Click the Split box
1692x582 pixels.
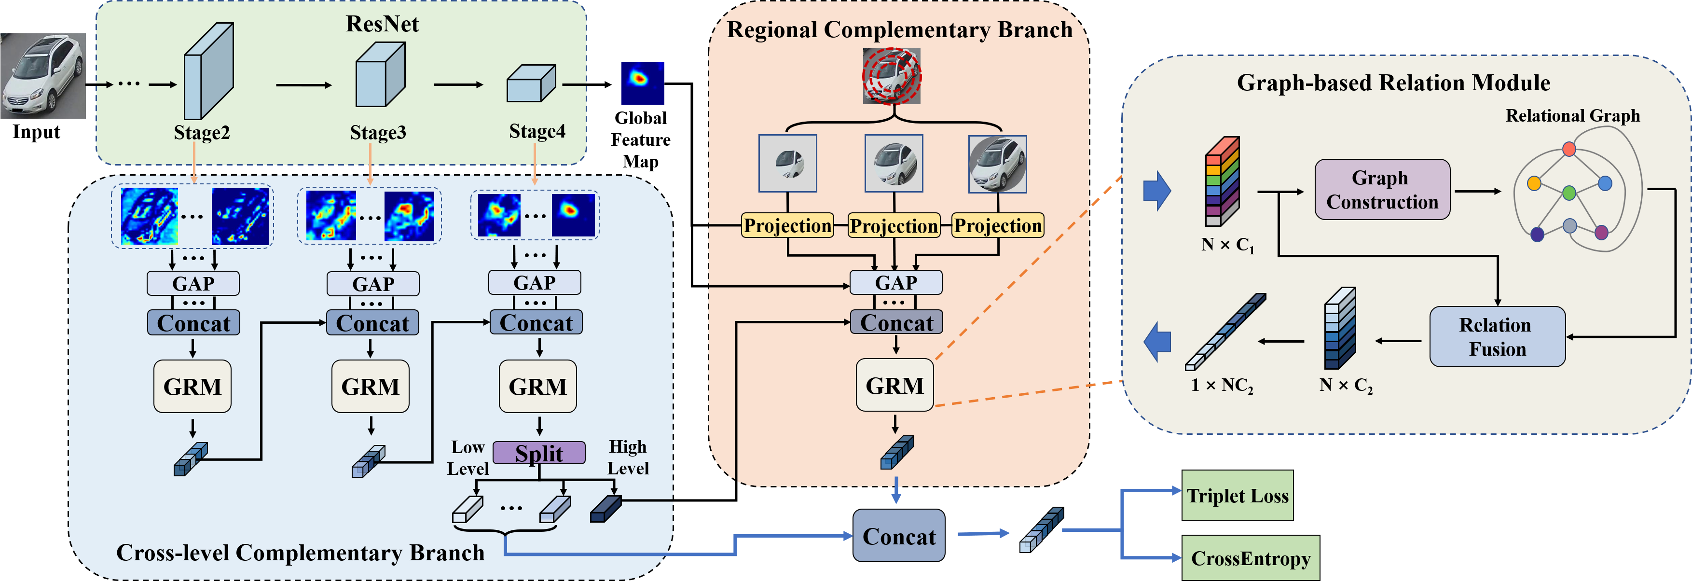[x=538, y=453]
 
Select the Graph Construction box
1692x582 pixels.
[x=1382, y=189]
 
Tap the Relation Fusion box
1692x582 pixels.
[x=1497, y=336]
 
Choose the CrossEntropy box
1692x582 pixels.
[x=1250, y=558]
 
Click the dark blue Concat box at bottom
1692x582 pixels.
[x=898, y=536]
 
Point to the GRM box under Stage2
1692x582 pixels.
[x=193, y=386]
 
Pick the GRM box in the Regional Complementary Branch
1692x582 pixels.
[x=894, y=385]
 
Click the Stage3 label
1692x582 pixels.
[x=378, y=133]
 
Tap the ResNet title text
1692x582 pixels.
[x=382, y=24]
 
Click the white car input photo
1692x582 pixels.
[x=43, y=76]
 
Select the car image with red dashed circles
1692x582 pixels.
[x=891, y=76]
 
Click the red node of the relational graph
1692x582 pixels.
[x=1569, y=149]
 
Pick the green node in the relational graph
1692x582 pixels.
[x=1569, y=193]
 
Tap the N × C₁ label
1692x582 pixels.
[x=1227, y=245]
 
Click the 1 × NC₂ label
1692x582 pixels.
[x=1222, y=386]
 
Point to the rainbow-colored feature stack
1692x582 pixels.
[x=1222, y=180]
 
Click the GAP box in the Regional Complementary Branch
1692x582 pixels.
[x=895, y=282]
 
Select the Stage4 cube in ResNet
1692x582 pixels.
[x=531, y=84]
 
